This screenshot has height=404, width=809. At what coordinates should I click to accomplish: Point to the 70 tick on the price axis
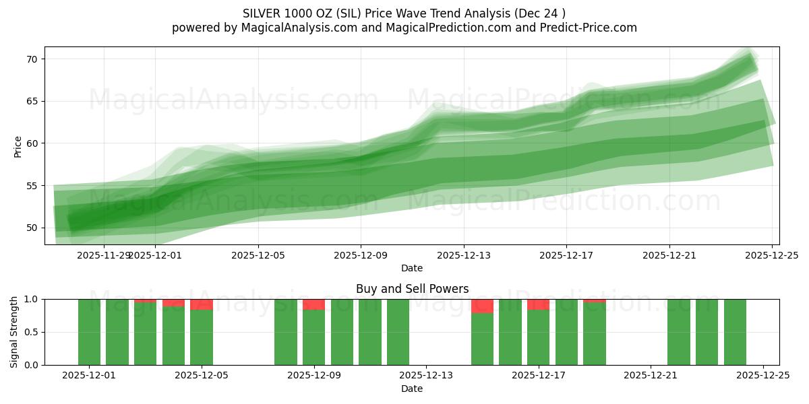(x=32, y=59)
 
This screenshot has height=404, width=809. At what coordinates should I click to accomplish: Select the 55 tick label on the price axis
(x=32, y=185)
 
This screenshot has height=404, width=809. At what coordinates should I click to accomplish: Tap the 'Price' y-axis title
(x=18, y=146)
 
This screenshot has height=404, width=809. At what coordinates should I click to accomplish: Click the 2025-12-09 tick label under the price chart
(x=361, y=255)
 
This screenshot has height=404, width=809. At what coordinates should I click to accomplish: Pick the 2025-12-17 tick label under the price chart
(x=566, y=255)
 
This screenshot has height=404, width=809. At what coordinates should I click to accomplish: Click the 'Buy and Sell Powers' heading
(x=412, y=289)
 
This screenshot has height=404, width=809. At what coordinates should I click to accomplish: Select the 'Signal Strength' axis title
(x=14, y=332)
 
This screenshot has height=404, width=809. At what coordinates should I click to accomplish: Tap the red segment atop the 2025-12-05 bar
(x=202, y=304)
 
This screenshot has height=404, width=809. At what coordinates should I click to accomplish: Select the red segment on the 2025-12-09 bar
(x=313, y=304)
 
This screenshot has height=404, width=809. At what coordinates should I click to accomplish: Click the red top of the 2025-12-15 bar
(x=482, y=306)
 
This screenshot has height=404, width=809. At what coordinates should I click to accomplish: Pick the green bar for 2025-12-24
(x=735, y=332)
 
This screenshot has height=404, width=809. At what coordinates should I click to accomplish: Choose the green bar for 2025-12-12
(x=398, y=332)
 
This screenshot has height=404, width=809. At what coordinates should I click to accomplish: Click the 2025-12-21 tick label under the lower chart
(x=651, y=376)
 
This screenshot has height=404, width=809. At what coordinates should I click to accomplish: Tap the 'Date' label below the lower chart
(x=412, y=389)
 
